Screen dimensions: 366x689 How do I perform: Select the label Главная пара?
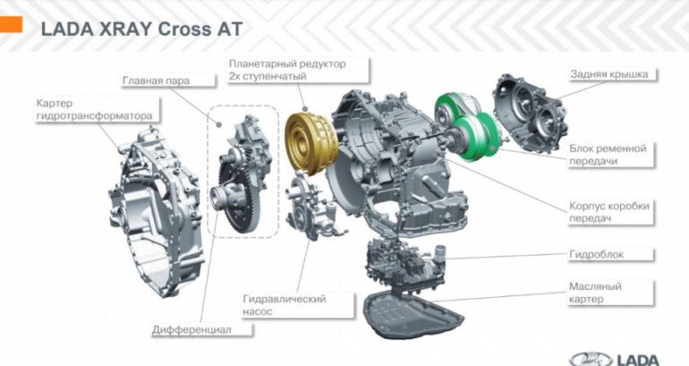click(x=156, y=81)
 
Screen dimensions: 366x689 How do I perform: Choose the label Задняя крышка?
click(x=608, y=74)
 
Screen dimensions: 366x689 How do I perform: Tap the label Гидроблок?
click(x=595, y=254)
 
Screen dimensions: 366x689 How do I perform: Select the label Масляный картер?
click(x=595, y=292)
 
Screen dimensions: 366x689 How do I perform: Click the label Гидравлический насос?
click(x=284, y=305)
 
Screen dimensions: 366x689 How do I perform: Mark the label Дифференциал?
click(x=191, y=330)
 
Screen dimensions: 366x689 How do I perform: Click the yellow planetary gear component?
click(x=308, y=138)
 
